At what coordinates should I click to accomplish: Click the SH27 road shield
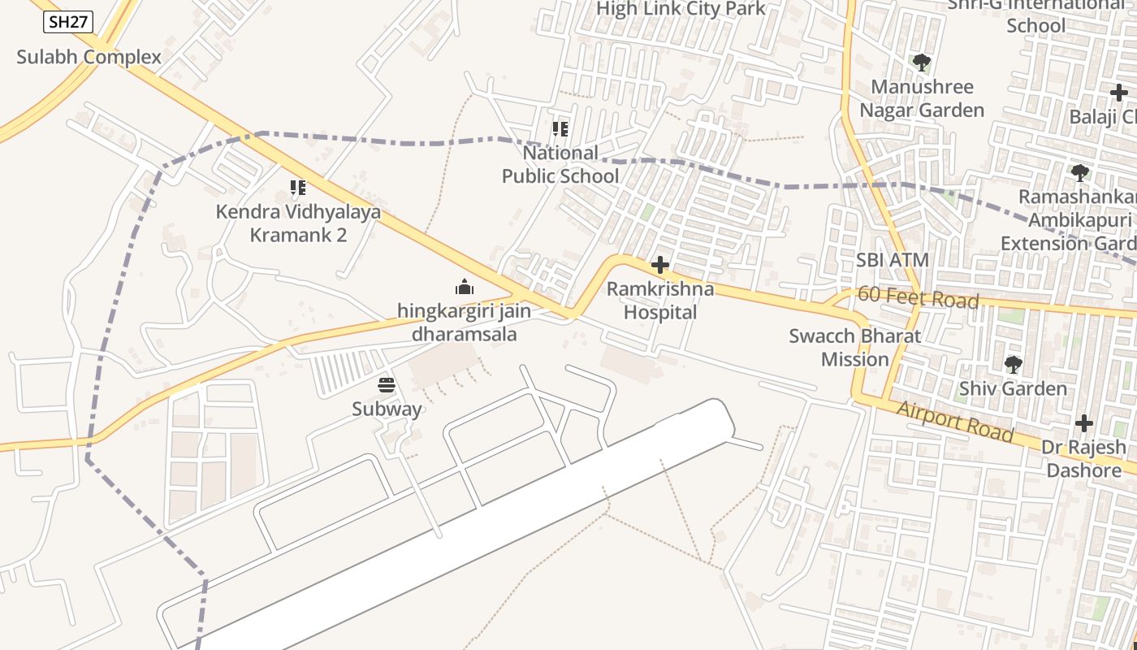(x=67, y=22)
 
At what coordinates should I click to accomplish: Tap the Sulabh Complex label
(x=89, y=58)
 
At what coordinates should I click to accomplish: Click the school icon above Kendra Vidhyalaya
(x=298, y=188)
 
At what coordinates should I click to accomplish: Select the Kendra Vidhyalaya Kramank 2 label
(x=298, y=223)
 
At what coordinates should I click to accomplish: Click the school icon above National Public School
(x=560, y=129)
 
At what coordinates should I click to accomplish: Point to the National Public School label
(x=560, y=164)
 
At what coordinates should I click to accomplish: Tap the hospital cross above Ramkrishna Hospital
(x=660, y=265)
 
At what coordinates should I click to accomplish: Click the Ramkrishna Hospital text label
(x=660, y=301)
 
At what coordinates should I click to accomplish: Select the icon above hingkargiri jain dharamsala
(x=465, y=287)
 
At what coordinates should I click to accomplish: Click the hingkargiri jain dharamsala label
(x=465, y=322)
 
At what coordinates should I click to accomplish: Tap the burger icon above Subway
(x=387, y=385)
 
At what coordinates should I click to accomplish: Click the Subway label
(x=387, y=409)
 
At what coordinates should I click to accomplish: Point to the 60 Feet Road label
(x=919, y=297)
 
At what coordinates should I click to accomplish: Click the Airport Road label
(x=955, y=422)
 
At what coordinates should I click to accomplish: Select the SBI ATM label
(x=893, y=261)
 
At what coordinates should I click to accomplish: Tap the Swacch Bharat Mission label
(x=855, y=348)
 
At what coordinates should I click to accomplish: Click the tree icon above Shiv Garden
(x=1013, y=365)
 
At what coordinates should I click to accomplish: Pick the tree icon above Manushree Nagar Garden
(x=922, y=63)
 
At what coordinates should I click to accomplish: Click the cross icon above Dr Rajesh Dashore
(x=1084, y=423)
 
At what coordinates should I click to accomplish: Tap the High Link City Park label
(x=681, y=9)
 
